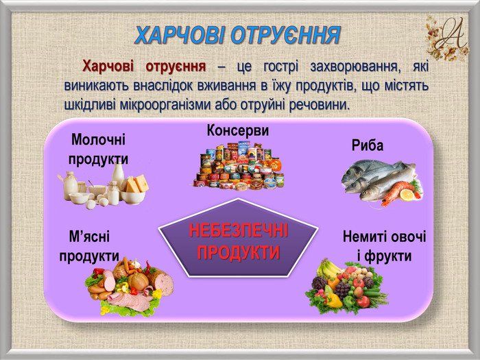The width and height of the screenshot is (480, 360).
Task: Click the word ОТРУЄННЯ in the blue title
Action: pyautogui.click(x=285, y=35)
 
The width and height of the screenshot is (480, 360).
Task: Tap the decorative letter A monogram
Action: pyautogui.click(x=448, y=37)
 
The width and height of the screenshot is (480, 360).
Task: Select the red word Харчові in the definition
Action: pyautogui.click(x=108, y=67)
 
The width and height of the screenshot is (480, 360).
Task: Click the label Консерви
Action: pyautogui.click(x=238, y=131)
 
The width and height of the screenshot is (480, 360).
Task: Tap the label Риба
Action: pyautogui.click(x=368, y=145)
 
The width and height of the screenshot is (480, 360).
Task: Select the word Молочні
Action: pyautogui.click(x=98, y=140)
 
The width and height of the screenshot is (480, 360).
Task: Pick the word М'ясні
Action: pyautogui.click(x=89, y=237)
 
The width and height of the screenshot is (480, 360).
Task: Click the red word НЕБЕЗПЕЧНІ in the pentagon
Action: pyautogui.click(x=239, y=230)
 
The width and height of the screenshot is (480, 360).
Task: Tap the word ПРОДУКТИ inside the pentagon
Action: pyautogui.click(x=239, y=252)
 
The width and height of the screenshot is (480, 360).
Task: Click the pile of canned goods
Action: pyautogui.click(x=239, y=166)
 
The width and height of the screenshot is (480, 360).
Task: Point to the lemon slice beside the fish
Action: pyautogui.click(x=407, y=195)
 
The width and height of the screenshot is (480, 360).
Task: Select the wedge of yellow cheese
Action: pyautogui.click(x=137, y=183)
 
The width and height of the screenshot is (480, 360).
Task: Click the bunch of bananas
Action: pyautogui.click(x=328, y=268)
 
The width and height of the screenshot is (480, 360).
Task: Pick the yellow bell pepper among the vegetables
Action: pyautogui.click(x=334, y=300)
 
